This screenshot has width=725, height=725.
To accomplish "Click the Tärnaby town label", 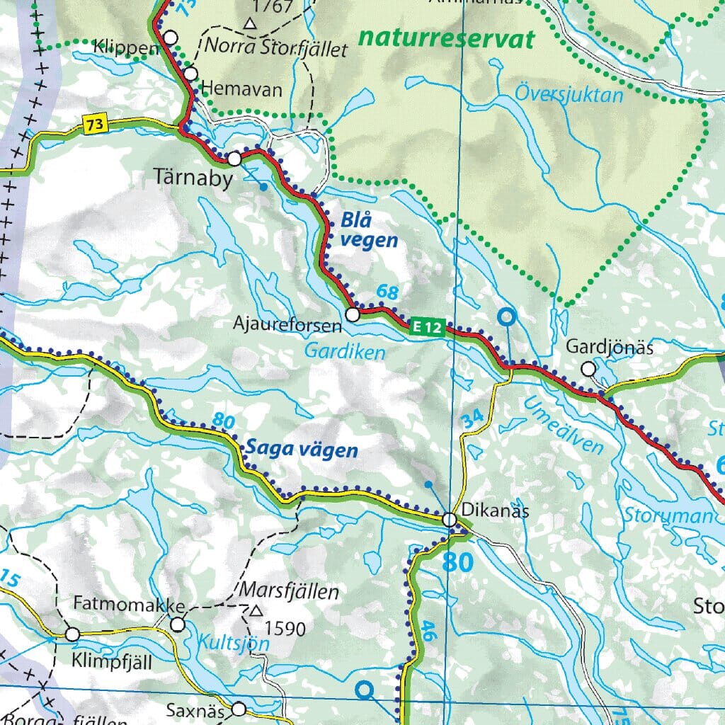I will tap(193, 179).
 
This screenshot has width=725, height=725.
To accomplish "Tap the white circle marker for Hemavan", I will tap(191, 74).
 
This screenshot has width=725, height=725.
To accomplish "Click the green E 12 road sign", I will tap(428, 327).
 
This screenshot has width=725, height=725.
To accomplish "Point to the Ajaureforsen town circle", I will tap(352, 314).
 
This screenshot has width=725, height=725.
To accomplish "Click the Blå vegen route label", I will tap(368, 231).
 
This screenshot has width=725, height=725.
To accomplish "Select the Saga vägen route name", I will tap(302, 450).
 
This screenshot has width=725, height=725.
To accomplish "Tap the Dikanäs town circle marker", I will tap(450, 520).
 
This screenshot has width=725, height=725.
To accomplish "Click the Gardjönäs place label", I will tap(609, 348).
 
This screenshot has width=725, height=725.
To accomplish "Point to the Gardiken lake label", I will tap(345, 351).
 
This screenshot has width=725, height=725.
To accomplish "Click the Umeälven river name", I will tap(564, 425).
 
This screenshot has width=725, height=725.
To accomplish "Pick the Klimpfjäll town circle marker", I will tap(72, 634).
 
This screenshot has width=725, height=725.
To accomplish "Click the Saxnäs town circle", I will tap(239, 709).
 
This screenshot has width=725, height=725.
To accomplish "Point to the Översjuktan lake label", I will tap(569, 93).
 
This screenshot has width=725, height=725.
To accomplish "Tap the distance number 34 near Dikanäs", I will tap(473, 418).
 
